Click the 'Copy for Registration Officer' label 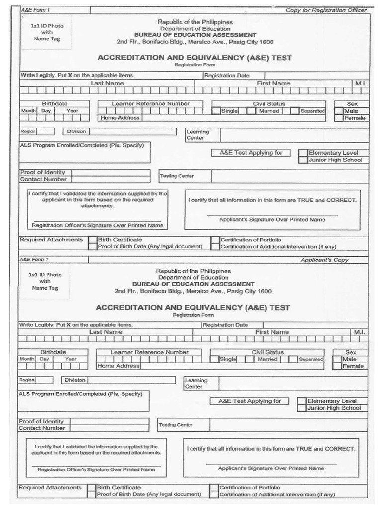[326, 10]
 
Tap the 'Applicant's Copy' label [324, 260]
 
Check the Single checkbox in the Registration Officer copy [216, 111]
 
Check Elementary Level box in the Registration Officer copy [303, 153]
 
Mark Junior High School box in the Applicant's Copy [301, 408]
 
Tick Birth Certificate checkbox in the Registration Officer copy [93, 240]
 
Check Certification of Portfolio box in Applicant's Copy [214, 488]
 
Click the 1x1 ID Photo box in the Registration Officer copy [46, 32]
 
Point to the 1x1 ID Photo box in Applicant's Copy [45, 281]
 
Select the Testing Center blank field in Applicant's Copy [288, 425]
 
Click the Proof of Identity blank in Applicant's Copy [106, 421]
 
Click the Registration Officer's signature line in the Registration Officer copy [97, 220]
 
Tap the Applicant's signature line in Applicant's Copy [271, 464]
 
